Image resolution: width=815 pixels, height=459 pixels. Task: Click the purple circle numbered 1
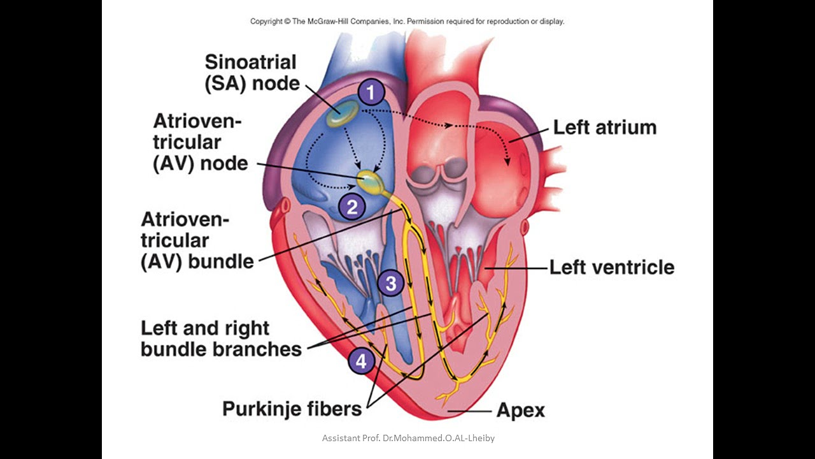[x=371, y=92]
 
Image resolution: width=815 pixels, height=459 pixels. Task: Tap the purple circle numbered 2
[x=351, y=206]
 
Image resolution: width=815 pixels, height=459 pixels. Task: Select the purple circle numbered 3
[x=390, y=283]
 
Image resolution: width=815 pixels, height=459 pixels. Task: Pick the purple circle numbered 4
[x=361, y=361]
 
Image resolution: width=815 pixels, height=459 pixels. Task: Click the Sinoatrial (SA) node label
[x=251, y=72]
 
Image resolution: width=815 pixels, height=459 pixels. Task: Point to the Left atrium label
[x=604, y=127]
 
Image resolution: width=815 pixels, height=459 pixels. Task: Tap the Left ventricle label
[x=611, y=266]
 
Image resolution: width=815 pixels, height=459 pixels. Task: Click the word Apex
[x=520, y=410]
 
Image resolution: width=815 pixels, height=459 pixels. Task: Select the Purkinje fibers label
[x=292, y=408]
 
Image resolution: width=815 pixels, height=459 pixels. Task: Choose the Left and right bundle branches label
[x=221, y=339]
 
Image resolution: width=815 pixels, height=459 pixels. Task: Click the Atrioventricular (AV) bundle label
[x=197, y=240]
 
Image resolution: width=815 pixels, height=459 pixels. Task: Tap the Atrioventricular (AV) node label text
[x=199, y=143]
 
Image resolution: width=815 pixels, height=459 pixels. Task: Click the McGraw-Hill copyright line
[x=407, y=21]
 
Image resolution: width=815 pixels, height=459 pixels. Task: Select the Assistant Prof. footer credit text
[x=407, y=439]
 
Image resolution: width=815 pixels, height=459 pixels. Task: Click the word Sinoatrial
[x=251, y=62]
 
